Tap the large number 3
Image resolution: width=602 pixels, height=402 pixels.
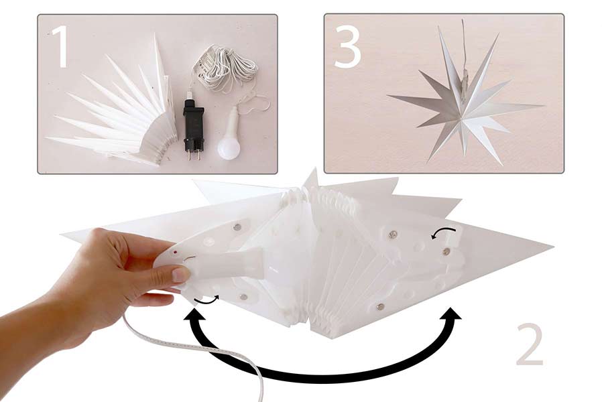coord(347,48)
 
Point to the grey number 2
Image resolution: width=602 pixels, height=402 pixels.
coord(530,344)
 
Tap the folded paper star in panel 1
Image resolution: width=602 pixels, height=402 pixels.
coord(113,111)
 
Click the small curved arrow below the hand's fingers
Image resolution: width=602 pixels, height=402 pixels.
coord(206,300)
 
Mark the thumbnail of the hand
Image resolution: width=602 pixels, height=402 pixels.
coord(180,275)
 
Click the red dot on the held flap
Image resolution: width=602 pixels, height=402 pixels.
coord(175,253)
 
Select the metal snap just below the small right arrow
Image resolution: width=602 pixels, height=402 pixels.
coord(446,251)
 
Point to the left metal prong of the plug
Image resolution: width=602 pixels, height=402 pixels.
coord(188,156)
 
